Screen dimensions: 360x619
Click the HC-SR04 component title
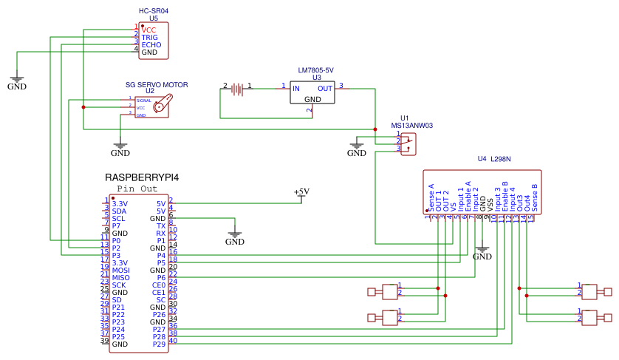[154, 11]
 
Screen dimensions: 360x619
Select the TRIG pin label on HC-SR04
[150, 37]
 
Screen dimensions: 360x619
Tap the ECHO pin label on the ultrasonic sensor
[151, 45]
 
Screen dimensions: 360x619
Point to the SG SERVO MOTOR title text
[157, 85]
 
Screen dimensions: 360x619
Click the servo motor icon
[164, 104]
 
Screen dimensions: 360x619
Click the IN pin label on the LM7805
[296, 89]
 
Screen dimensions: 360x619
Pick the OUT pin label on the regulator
[325, 89]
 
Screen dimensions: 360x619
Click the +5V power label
[301, 191]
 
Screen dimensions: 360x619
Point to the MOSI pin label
[121, 270]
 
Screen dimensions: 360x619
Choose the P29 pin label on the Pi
[159, 344]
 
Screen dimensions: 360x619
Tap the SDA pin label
[119, 211]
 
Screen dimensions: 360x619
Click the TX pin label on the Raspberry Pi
[161, 225]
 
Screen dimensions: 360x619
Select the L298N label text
[501, 159]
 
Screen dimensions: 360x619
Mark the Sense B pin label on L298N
[534, 197]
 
